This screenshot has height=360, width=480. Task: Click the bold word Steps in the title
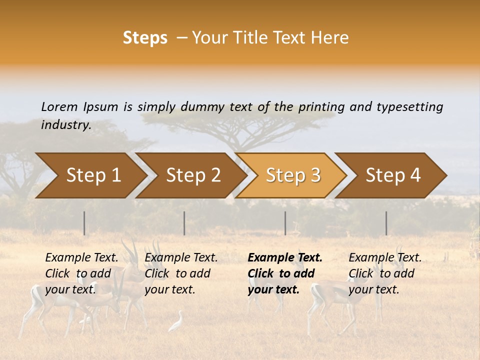point(145,38)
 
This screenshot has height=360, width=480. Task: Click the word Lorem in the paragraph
point(59,106)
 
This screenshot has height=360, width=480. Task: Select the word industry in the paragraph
point(66,124)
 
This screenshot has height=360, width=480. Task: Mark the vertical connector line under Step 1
point(84,223)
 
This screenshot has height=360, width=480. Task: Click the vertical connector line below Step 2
point(184,223)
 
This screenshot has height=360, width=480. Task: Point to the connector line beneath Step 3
point(285,223)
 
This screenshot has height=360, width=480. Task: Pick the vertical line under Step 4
point(386,223)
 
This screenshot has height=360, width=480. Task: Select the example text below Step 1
point(81,273)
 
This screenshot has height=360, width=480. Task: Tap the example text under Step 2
point(181,273)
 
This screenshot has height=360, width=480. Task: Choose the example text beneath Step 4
point(385,273)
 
